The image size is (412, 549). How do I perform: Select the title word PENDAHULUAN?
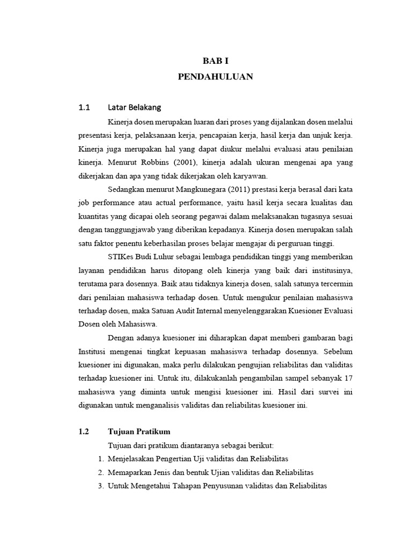215,77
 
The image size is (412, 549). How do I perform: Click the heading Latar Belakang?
134,106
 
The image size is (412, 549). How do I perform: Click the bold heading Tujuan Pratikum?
139,432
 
